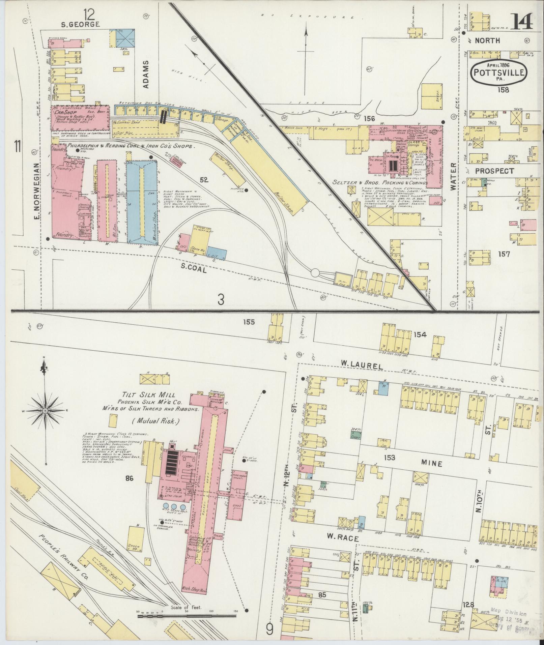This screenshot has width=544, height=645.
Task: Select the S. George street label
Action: click(x=80, y=24)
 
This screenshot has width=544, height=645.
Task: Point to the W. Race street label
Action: click(x=343, y=538)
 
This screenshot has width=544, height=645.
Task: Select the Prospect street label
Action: click(x=495, y=171)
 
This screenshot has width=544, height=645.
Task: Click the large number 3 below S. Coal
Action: click(x=221, y=299)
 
